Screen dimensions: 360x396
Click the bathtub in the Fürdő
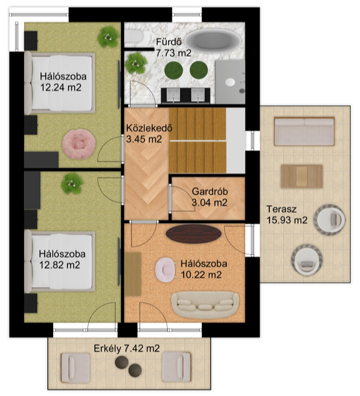coord(212,41)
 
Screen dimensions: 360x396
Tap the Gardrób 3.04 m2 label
coord(210,197)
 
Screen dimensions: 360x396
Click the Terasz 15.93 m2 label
coord(287,215)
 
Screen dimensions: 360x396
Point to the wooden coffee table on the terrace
coord(302,176)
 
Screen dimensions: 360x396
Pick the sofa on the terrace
coord(304,131)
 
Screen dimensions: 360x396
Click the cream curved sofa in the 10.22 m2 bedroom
coord(205,305)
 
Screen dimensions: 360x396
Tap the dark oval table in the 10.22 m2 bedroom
coord(194,233)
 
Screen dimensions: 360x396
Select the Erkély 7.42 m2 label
coord(127,349)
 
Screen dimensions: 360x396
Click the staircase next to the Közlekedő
coord(197,141)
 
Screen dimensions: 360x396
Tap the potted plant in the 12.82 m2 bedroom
coord(72,183)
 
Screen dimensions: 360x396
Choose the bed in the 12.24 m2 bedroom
coord(60,83)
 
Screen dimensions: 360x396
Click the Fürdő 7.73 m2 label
coord(174,47)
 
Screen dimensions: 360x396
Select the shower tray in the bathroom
coord(230,82)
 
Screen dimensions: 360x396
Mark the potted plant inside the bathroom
coord(136,63)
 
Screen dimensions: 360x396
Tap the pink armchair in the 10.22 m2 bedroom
coord(165,270)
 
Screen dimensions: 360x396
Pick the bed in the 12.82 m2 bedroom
coord(60,261)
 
